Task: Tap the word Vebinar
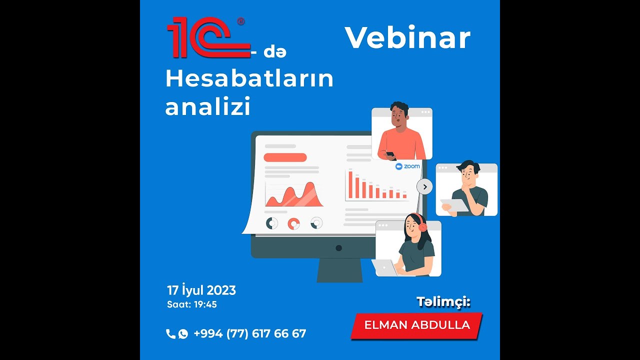coord(407,37)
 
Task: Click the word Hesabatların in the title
coord(249,78)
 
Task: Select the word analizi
coord(207,107)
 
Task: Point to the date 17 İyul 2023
coord(201,290)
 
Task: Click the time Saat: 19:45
coord(192,304)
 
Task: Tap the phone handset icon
coord(170,334)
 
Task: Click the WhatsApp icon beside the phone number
coord(183,334)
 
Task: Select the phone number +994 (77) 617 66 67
coord(249,334)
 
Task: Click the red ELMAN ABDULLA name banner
coord(417,325)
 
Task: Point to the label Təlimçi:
coord(443,301)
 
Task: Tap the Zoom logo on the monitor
coord(407,166)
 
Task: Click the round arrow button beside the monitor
coord(424,187)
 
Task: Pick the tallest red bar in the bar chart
coord(350,184)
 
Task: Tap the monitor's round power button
coord(338,248)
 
